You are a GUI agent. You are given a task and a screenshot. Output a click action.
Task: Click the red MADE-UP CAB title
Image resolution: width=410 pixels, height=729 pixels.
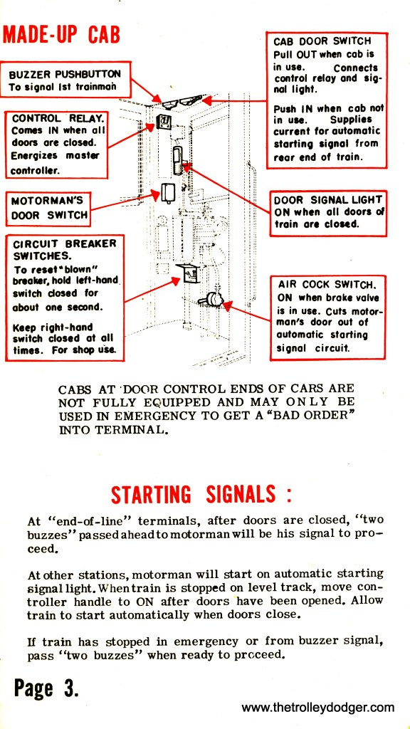pyautogui.click(x=61, y=34)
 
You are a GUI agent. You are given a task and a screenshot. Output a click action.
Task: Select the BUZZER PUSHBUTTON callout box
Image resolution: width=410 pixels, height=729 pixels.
pyautogui.click(x=65, y=79)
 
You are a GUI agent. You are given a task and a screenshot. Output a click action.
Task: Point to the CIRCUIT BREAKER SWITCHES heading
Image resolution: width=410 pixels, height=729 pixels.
pyautogui.click(x=65, y=249)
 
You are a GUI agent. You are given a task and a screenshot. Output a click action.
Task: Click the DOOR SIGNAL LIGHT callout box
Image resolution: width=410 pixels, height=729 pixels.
pyautogui.click(x=328, y=213)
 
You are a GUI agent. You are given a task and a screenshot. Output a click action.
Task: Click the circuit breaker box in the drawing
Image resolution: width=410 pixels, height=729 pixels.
pyautogui.click(x=188, y=273)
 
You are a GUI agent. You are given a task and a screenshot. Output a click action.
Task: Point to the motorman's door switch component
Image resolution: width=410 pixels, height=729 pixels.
pyautogui.click(x=168, y=193)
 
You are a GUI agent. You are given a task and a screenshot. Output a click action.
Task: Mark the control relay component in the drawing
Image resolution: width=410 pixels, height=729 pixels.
pyautogui.click(x=163, y=122)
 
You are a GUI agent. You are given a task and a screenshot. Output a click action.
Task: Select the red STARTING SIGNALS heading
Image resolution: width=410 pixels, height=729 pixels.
pyautogui.click(x=201, y=494)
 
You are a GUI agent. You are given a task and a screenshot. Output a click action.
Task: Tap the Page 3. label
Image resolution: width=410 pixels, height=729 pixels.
pyautogui.click(x=46, y=688)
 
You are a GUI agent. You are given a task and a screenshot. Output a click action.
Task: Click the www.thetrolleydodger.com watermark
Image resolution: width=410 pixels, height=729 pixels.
pyautogui.click(x=318, y=708)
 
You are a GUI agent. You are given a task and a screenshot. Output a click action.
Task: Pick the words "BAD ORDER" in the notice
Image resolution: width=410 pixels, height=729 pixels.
pyautogui.click(x=320, y=414)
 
